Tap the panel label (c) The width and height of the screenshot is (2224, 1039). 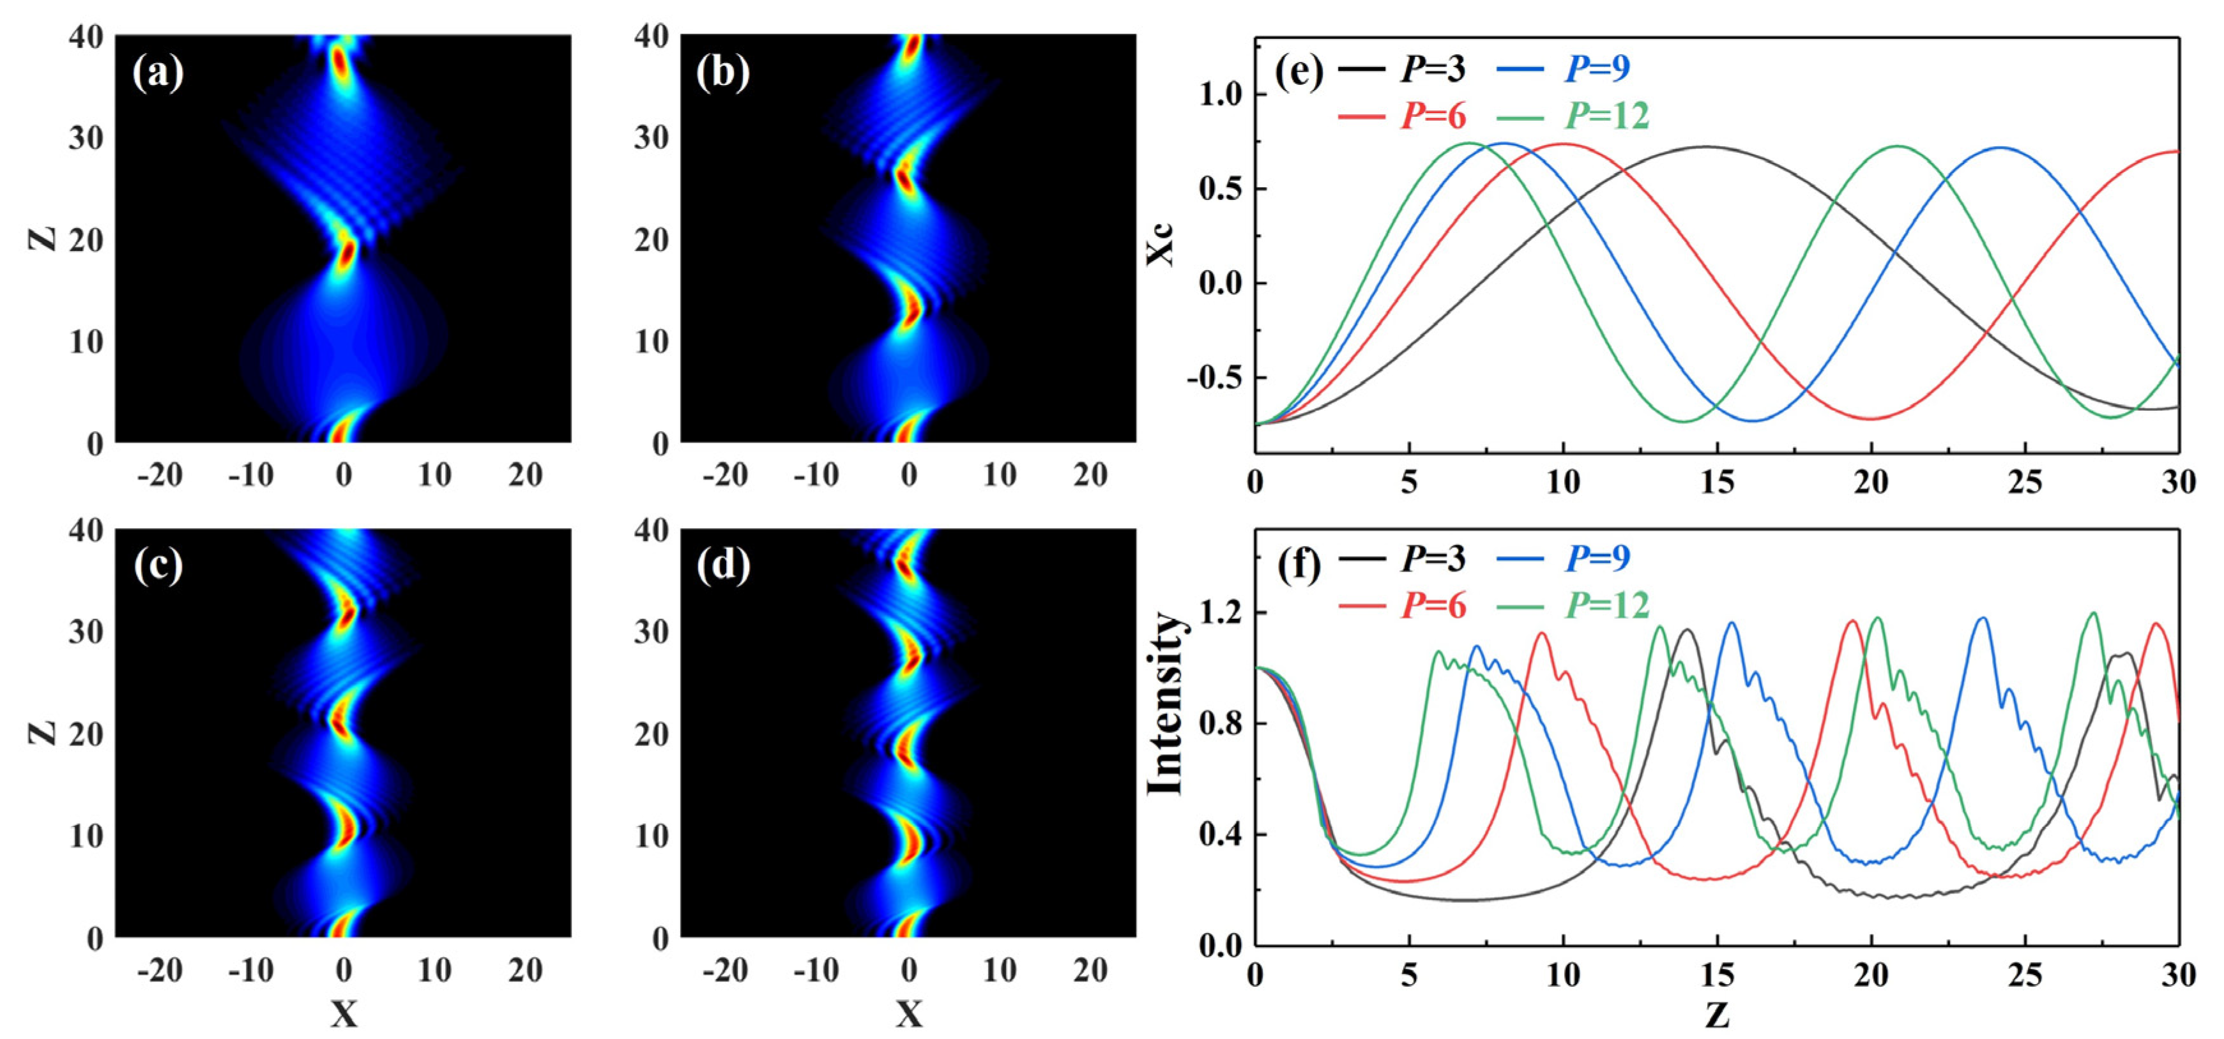pos(158,566)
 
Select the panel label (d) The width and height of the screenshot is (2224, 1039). pos(722,566)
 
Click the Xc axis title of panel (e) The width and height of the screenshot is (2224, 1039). pos(1162,244)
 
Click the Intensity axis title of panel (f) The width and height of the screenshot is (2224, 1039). pos(1164,703)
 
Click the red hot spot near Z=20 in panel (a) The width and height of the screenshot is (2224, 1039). pos(346,255)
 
